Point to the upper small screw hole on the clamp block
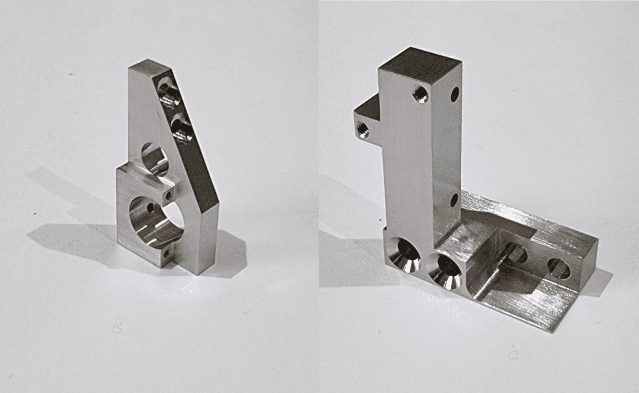[168, 195]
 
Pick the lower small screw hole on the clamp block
[166, 254]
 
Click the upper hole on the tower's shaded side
[455, 94]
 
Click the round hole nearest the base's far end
[559, 268]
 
